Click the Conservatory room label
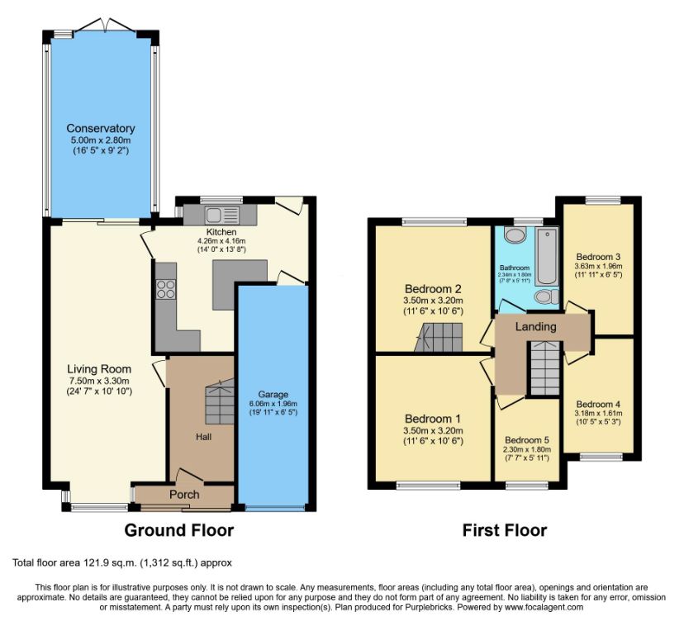(x=101, y=128)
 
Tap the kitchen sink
(x=221, y=215)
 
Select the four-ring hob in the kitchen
(x=166, y=288)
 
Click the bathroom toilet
(x=547, y=297)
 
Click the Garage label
(x=273, y=394)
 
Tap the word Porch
(x=184, y=495)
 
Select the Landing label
(x=535, y=327)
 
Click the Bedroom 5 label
(x=527, y=440)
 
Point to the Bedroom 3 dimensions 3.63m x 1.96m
(x=598, y=266)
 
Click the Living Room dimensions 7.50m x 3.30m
(x=99, y=380)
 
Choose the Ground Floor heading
(x=179, y=530)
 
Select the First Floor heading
(x=505, y=530)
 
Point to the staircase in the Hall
(x=220, y=401)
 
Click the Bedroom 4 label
(x=598, y=405)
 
